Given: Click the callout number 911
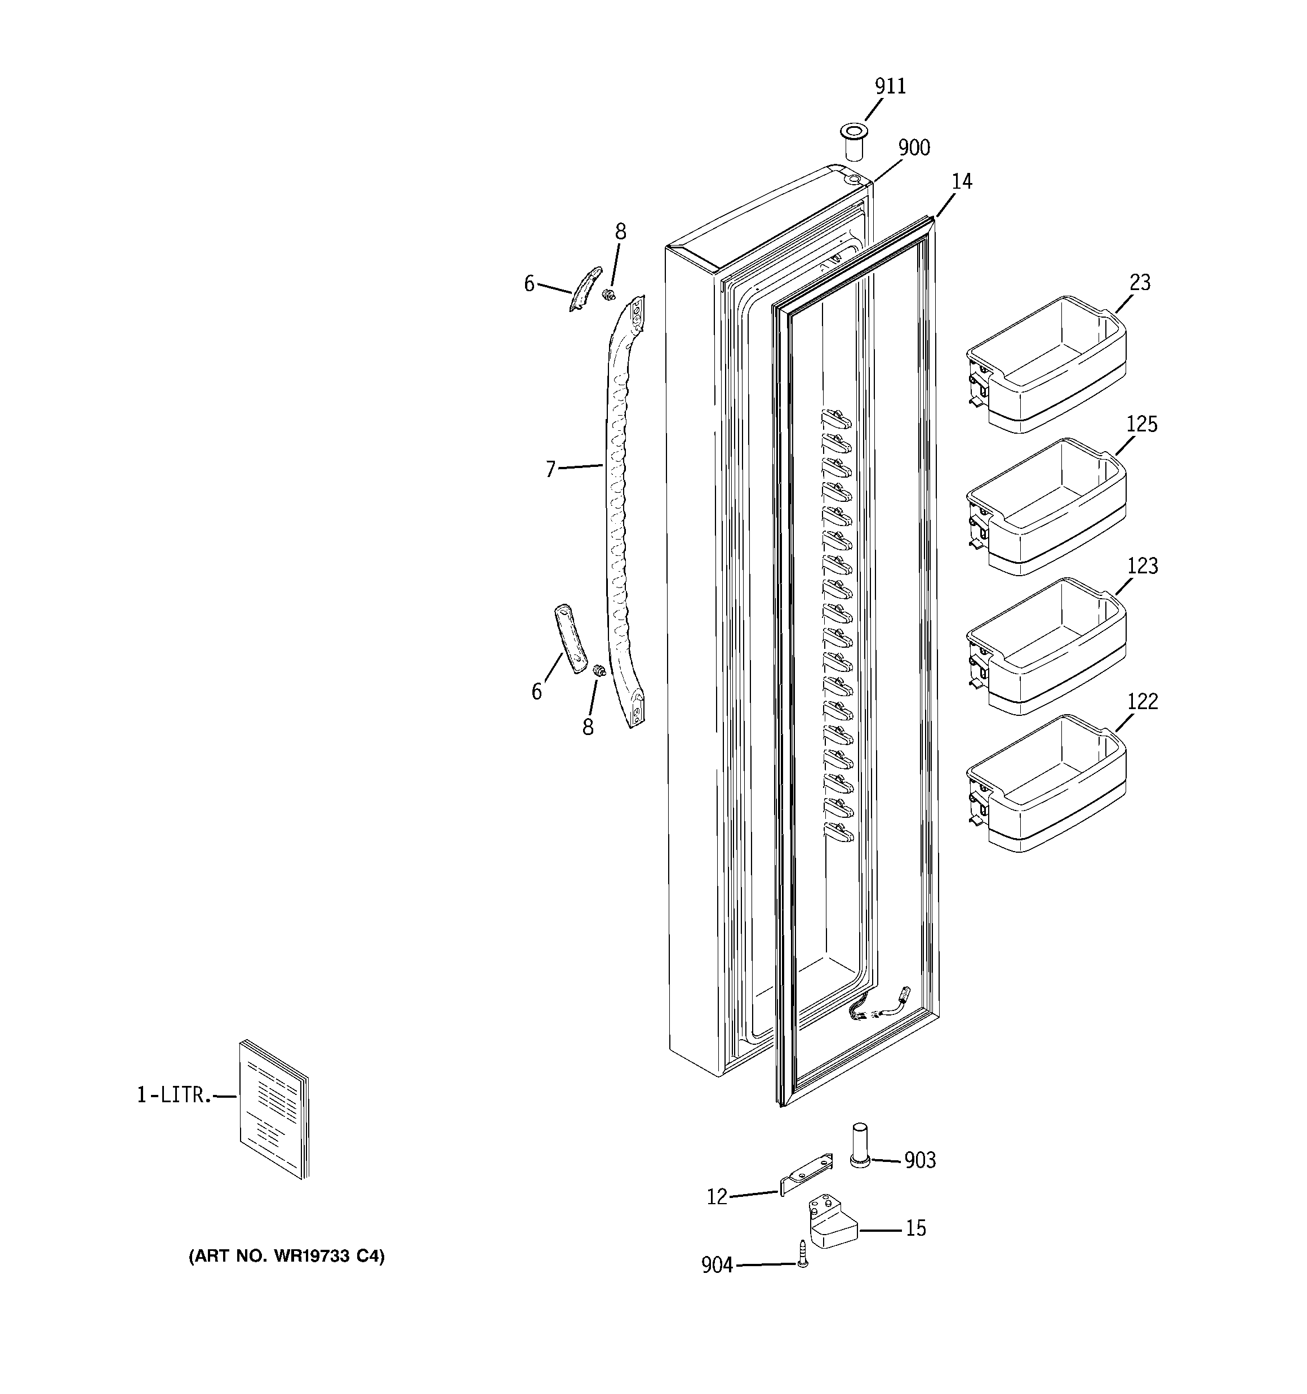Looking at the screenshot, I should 890,87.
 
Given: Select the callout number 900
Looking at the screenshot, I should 914,148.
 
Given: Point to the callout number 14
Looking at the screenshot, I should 962,181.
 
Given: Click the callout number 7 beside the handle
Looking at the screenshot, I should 551,469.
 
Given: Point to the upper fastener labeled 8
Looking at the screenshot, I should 609,294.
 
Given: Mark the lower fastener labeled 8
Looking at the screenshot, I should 599,670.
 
